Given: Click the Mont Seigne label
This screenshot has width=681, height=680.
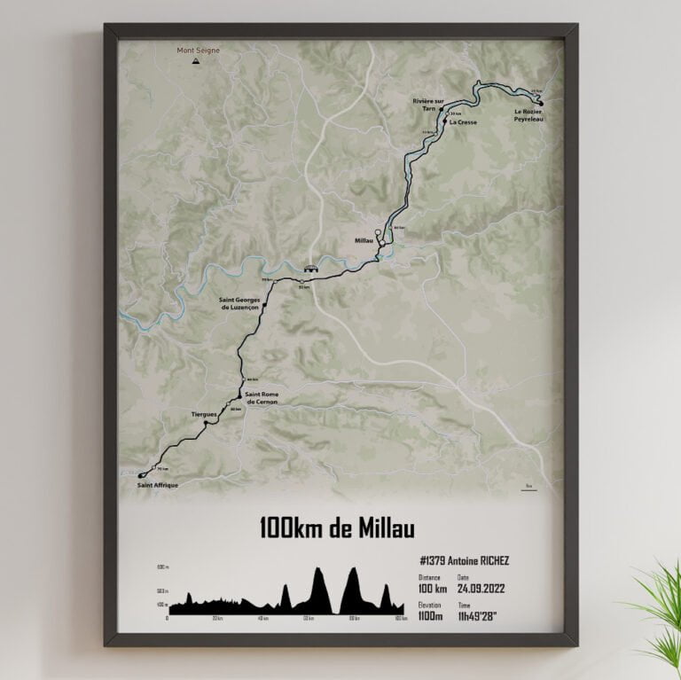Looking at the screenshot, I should tap(198, 51).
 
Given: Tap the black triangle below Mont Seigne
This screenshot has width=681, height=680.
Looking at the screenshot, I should tap(198, 62).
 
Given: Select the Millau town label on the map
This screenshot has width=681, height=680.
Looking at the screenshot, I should tap(364, 239).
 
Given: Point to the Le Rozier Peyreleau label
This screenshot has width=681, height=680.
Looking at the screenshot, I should tap(528, 115).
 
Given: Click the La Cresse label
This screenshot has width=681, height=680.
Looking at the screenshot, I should tap(463, 122).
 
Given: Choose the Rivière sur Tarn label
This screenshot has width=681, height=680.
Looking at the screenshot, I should tap(427, 105).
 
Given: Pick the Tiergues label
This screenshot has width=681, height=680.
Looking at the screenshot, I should tap(205, 414).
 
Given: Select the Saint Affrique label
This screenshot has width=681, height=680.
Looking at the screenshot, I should tap(158, 486).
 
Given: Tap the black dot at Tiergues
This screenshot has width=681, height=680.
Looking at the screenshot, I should tap(206, 424).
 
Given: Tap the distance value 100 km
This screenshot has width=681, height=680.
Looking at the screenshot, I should tap(433, 588).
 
